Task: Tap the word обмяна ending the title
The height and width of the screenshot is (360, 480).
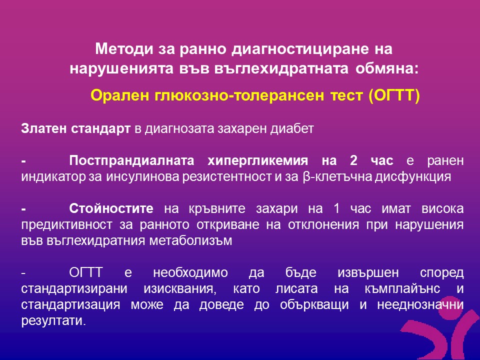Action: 387,68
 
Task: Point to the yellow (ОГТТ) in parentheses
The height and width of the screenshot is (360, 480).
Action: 393,96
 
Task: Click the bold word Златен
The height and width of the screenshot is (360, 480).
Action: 44,128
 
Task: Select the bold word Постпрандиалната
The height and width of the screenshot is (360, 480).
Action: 131,161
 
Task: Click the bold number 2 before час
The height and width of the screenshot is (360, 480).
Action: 354,160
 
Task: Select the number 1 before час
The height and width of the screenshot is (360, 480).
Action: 336,208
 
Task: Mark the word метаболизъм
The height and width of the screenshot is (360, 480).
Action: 190,240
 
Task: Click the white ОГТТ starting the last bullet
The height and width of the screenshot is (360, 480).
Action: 86,272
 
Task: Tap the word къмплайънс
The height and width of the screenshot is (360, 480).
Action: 402,288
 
